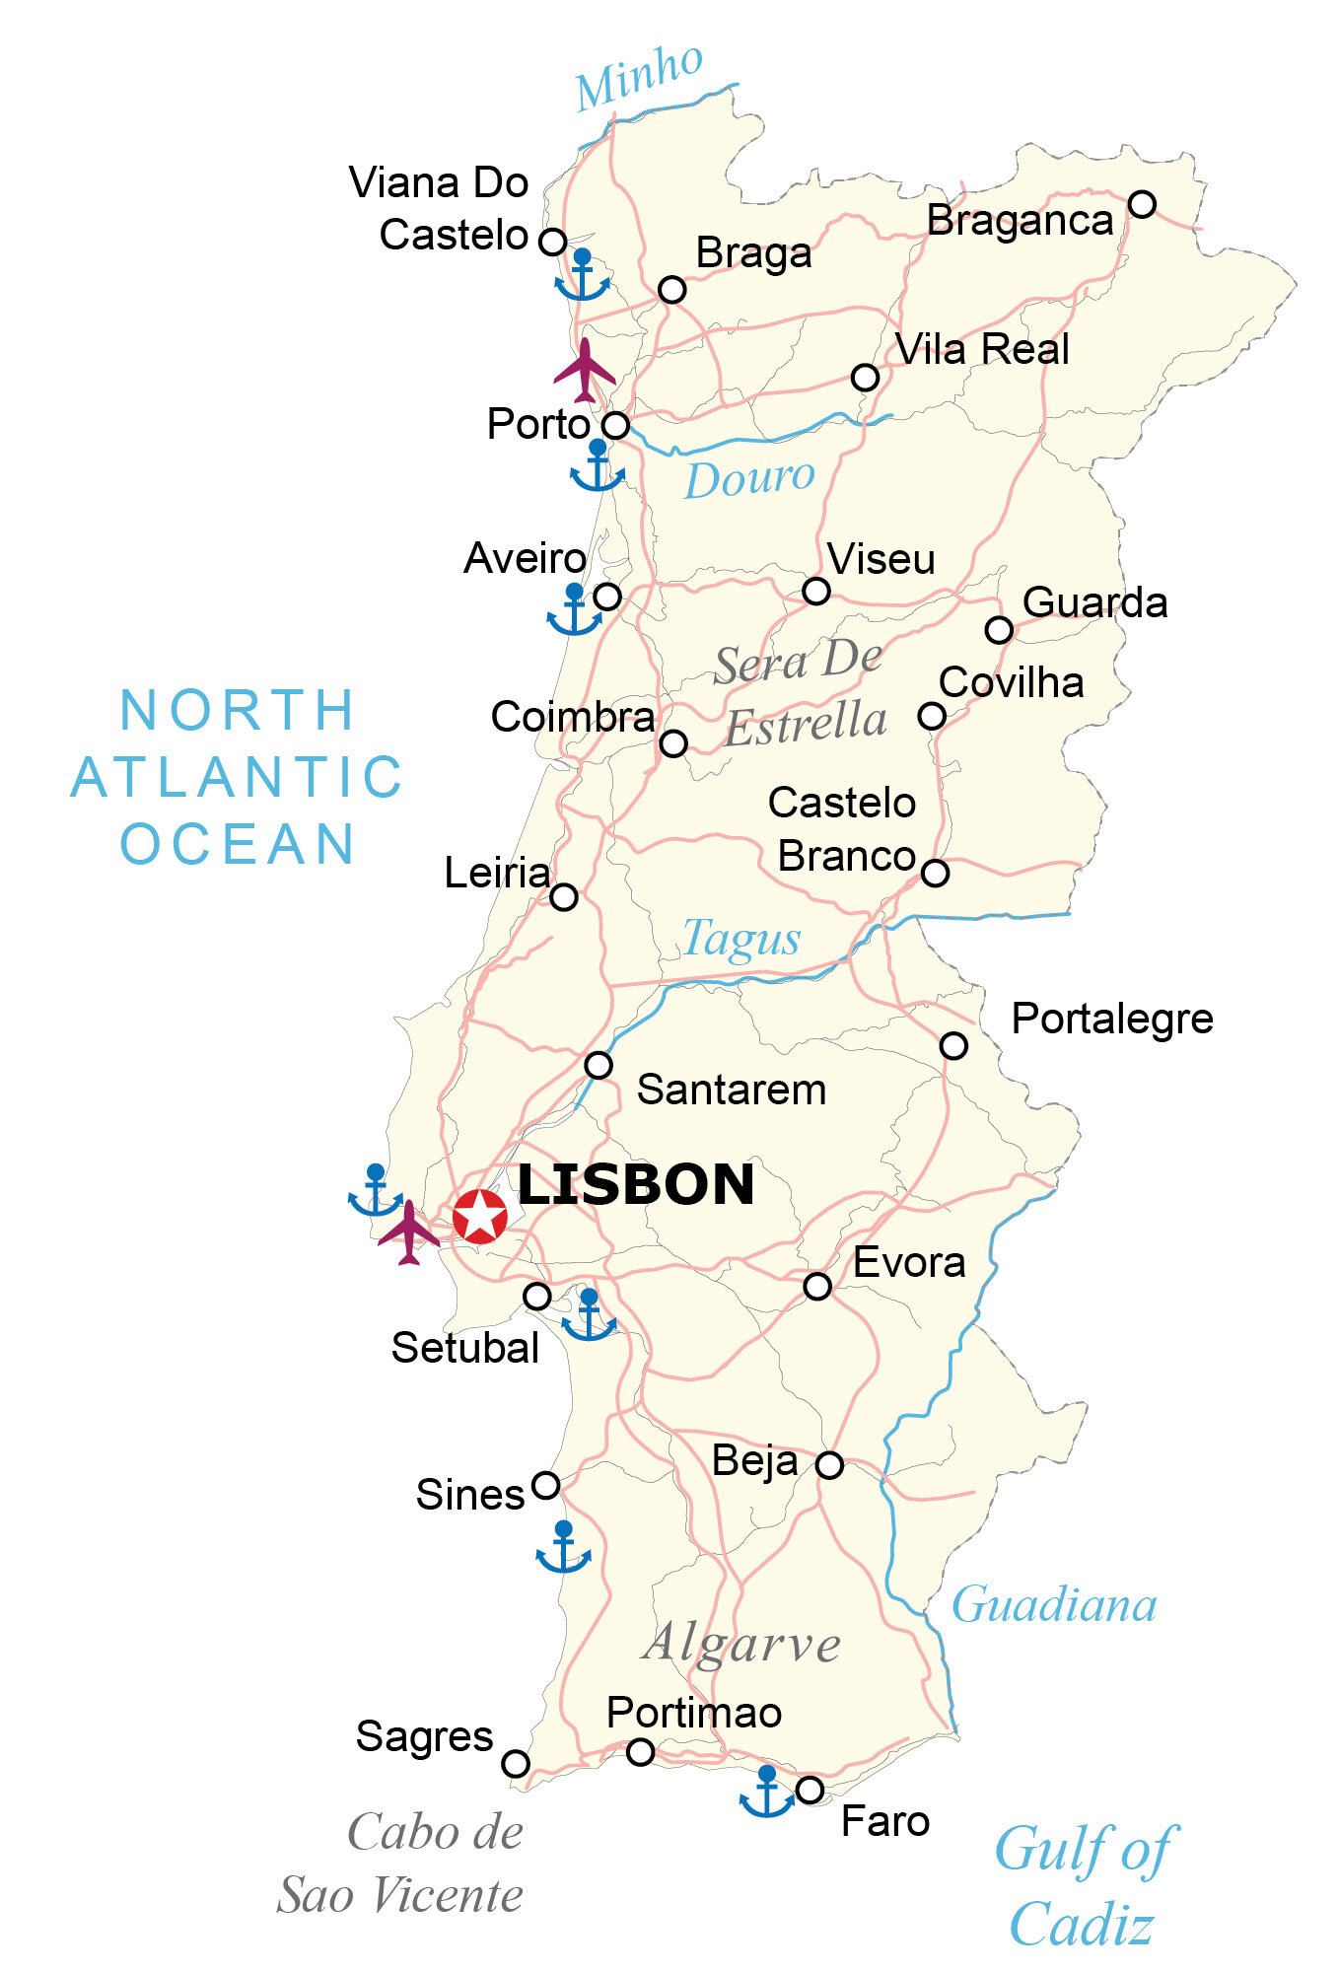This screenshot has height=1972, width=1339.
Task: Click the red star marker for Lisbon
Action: [480, 1215]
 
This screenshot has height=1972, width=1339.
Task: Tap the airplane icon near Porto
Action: [585, 372]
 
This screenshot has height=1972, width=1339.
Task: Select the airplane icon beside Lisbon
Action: [408, 1232]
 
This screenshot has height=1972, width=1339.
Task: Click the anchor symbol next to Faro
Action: [766, 1793]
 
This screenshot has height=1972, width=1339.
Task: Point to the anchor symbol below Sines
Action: [563, 1548]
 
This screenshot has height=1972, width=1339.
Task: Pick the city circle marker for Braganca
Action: [1142, 204]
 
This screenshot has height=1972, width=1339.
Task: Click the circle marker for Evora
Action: [817, 1286]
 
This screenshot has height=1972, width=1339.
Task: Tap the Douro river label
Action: [749, 480]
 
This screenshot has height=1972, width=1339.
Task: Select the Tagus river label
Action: [741, 938]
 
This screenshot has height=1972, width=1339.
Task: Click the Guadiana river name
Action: [1053, 1606]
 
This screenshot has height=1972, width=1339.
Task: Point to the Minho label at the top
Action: [639, 76]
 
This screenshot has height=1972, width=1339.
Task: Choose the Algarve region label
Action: [741, 1645]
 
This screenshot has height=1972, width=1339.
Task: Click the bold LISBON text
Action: [636, 1184]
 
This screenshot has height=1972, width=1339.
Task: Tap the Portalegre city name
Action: [1112, 1019]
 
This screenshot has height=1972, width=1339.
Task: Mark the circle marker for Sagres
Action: [516, 1764]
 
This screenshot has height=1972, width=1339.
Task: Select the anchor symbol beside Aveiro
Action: [574, 610]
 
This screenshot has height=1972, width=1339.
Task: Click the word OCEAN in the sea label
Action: [238, 844]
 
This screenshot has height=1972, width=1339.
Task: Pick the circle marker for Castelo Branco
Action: [935, 873]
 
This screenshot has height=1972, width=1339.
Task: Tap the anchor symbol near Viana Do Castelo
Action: [582, 276]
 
